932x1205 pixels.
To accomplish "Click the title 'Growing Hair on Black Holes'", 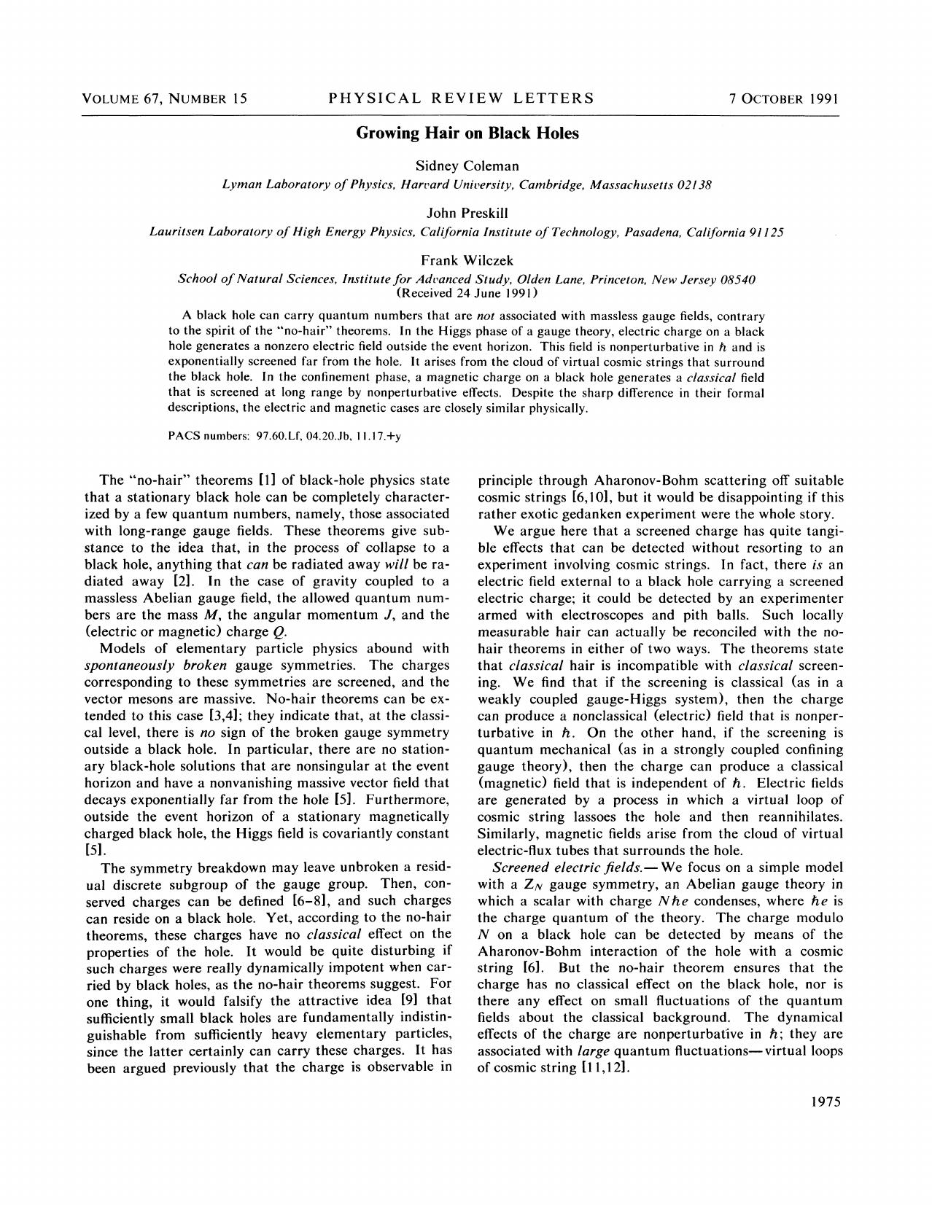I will tap(467, 133).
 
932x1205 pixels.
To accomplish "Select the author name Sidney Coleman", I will tap(467, 165).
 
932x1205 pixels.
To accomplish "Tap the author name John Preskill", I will tap(467, 213).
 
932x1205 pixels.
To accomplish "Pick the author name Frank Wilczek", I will tap(467, 260).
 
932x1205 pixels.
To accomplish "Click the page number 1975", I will tap(826, 1101).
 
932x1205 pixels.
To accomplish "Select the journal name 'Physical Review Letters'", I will tap(461, 98).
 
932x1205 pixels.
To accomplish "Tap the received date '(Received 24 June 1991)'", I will tap(467, 293).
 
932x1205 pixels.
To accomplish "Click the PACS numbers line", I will tap(284, 435).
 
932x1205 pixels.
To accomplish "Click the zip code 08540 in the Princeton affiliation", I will tap(737, 279).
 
